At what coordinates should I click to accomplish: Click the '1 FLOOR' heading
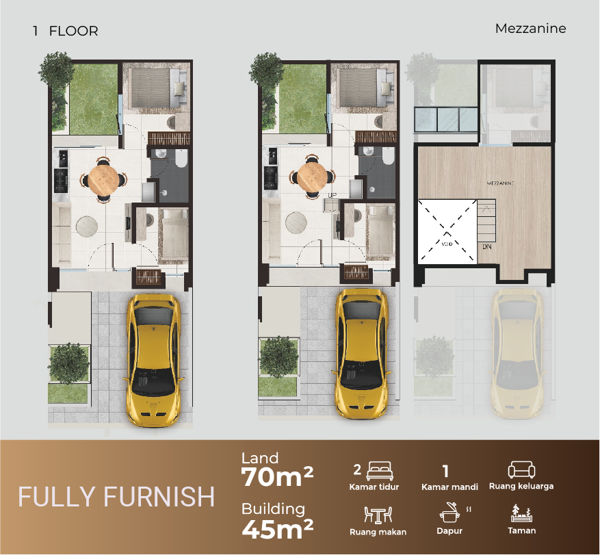coord(66,31)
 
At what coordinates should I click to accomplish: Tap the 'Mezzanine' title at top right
coord(531,28)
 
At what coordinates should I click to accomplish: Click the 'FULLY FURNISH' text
coord(116,497)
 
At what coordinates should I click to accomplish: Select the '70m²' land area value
coord(277,476)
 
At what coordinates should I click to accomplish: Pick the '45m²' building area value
coord(278,528)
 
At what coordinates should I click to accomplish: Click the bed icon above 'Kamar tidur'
coord(380,471)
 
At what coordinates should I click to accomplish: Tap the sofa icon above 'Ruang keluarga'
coord(521,469)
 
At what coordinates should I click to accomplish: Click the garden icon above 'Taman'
coord(521,513)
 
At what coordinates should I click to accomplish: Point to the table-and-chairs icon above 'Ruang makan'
coord(378,515)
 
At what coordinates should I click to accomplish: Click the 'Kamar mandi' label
coord(449,487)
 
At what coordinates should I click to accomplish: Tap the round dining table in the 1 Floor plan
coord(104,179)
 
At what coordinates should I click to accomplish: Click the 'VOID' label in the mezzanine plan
coord(447,244)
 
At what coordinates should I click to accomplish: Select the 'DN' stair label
coord(486,247)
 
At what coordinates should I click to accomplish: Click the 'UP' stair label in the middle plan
coord(332,195)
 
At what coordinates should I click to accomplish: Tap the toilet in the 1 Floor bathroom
coord(181,157)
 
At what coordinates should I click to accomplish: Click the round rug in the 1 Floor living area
coord(87,227)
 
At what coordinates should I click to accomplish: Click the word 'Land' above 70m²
coord(260,458)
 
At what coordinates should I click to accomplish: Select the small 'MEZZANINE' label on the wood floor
coord(501,183)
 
